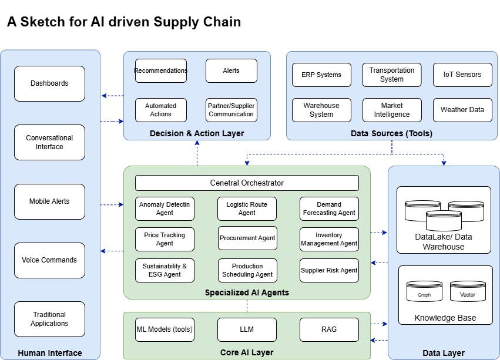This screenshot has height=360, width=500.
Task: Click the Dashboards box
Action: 49,83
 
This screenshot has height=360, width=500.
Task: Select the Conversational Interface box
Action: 49,142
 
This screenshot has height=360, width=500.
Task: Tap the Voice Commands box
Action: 49,260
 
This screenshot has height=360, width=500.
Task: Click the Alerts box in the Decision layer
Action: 231,70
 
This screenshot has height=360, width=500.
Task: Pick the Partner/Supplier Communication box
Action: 231,110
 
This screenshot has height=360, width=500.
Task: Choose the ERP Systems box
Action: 321,75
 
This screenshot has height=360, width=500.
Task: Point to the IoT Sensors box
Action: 462,75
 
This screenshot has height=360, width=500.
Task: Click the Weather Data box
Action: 462,110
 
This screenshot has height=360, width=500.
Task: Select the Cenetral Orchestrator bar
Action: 247,183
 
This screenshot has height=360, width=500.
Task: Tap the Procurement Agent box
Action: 247,238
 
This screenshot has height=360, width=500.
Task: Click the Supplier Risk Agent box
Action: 329,270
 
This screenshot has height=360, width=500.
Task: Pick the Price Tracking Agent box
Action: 165,238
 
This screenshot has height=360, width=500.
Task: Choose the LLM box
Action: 247,329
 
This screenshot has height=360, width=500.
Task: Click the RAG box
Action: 329,329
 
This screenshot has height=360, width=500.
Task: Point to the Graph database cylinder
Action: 424,292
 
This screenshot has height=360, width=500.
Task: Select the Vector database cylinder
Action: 468,292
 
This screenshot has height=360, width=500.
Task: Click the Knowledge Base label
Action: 445,318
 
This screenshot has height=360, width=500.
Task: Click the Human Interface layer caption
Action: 50,353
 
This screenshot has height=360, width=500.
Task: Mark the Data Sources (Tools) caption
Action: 391,133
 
